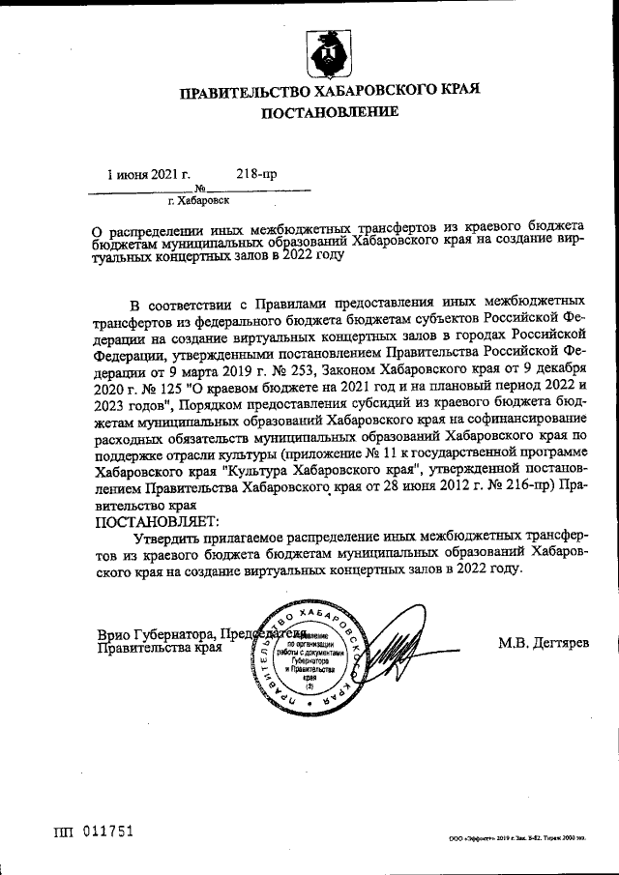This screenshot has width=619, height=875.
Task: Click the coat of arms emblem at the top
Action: pyautogui.click(x=327, y=54)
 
